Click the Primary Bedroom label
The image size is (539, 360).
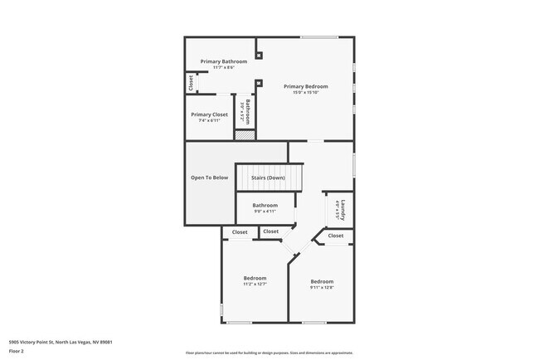305,86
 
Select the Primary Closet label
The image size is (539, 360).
209,114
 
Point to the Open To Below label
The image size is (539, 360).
209,178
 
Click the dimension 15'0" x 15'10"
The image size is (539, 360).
305,92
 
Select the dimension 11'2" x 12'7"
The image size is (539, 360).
255,284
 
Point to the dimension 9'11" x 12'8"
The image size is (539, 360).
322,288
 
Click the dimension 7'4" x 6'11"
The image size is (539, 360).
209,120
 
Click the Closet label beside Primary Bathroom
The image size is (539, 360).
191,83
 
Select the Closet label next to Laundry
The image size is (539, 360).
335,236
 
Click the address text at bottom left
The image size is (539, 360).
61,342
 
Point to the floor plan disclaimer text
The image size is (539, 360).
269,353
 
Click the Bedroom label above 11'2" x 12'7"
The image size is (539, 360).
255,278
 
